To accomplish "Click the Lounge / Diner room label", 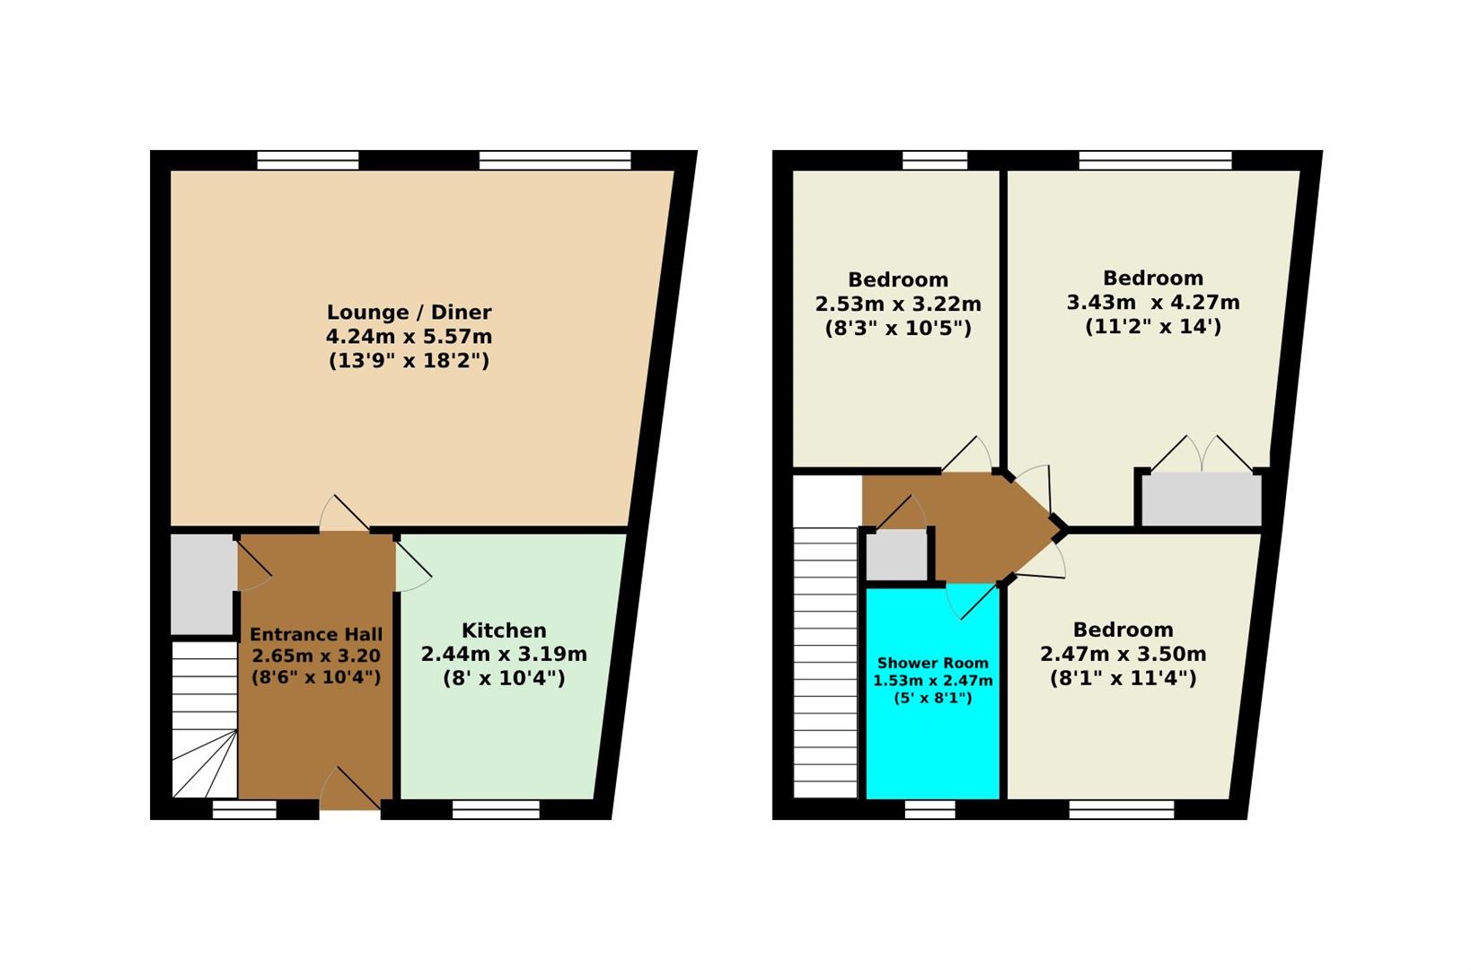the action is click(409, 312).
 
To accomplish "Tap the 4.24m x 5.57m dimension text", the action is click(409, 337).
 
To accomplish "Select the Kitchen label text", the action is click(504, 630).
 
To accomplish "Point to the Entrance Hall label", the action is click(316, 634).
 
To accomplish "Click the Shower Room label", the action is click(932, 663).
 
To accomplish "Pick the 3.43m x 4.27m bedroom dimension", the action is click(1153, 303).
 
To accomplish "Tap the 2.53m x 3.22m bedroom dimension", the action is click(898, 304).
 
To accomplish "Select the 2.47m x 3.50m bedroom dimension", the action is click(1123, 654).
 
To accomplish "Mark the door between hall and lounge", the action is click(344, 514).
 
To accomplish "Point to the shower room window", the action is click(929, 810).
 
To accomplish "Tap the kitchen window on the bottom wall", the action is click(496, 810).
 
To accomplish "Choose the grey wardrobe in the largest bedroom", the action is click(1201, 499).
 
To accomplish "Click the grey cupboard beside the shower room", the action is click(896, 556).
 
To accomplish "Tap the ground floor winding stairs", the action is click(204, 719).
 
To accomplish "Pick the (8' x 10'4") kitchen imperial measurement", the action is click(504, 678).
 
